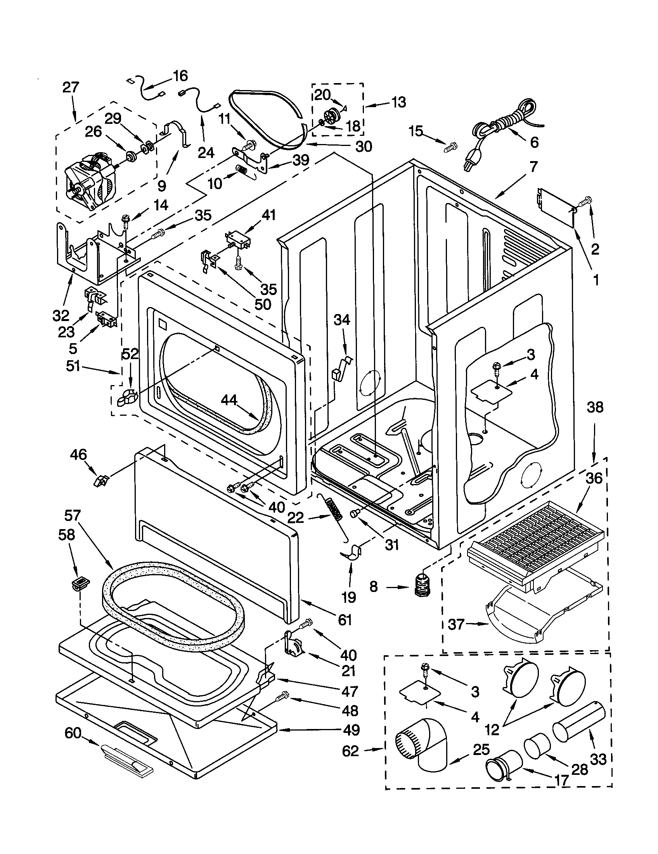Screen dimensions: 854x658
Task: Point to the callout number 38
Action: (595, 408)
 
